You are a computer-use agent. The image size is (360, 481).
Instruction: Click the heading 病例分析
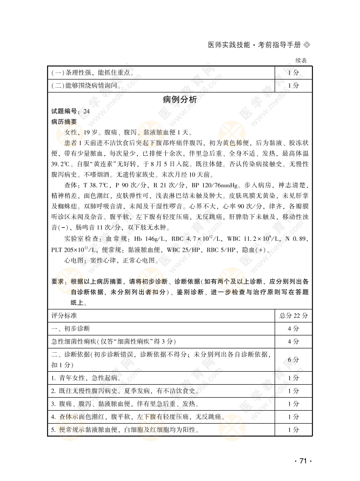pos(180,100)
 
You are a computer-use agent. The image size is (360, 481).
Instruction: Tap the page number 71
pos(303,460)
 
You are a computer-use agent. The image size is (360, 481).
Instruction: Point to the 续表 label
pos(301,61)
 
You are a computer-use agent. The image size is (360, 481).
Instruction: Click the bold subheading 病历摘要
pos(64,122)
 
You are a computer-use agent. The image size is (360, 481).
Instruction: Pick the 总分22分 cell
pos(293,315)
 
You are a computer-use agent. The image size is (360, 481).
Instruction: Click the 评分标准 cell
pos(64,315)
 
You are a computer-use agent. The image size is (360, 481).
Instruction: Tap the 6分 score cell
pos(293,359)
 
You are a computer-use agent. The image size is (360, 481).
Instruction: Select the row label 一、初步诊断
pos(71,328)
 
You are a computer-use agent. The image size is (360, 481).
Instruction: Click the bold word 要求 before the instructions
pos(58,281)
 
